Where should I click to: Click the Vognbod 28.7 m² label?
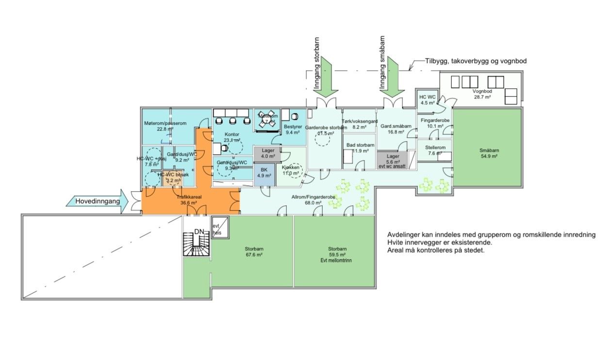(482, 94)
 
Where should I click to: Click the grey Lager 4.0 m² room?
(268, 153)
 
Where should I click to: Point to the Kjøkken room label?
(291, 170)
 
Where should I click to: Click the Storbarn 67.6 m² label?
(254, 251)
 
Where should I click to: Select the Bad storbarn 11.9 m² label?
(360, 148)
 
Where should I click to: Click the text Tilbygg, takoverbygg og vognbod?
(476, 61)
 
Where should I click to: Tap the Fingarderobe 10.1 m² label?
(435, 123)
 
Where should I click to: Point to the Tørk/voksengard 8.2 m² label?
(360, 124)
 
